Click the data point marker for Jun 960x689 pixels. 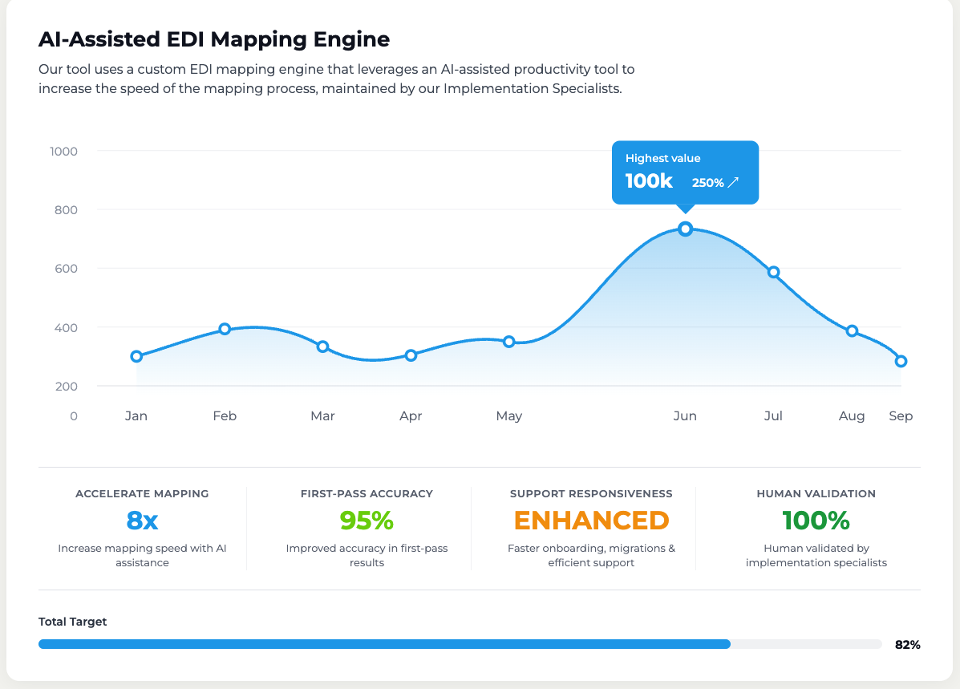(685, 229)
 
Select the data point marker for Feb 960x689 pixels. (225, 329)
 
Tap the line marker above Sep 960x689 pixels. (901, 361)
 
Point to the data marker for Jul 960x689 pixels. (773, 272)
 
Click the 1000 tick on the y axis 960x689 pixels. (63, 152)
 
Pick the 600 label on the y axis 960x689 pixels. (66, 268)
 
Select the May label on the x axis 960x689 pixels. (508, 416)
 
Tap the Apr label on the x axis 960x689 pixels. (411, 416)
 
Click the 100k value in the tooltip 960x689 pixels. (649, 181)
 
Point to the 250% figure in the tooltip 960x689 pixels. (707, 183)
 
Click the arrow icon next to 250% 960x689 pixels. (734, 182)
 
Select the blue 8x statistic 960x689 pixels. (142, 521)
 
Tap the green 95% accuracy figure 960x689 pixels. (367, 521)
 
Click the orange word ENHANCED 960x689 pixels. (591, 521)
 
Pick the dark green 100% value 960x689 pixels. (816, 521)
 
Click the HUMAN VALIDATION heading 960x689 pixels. (816, 493)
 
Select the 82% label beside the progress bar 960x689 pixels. (907, 645)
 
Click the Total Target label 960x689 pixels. (72, 622)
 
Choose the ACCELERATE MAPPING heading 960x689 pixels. (142, 493)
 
